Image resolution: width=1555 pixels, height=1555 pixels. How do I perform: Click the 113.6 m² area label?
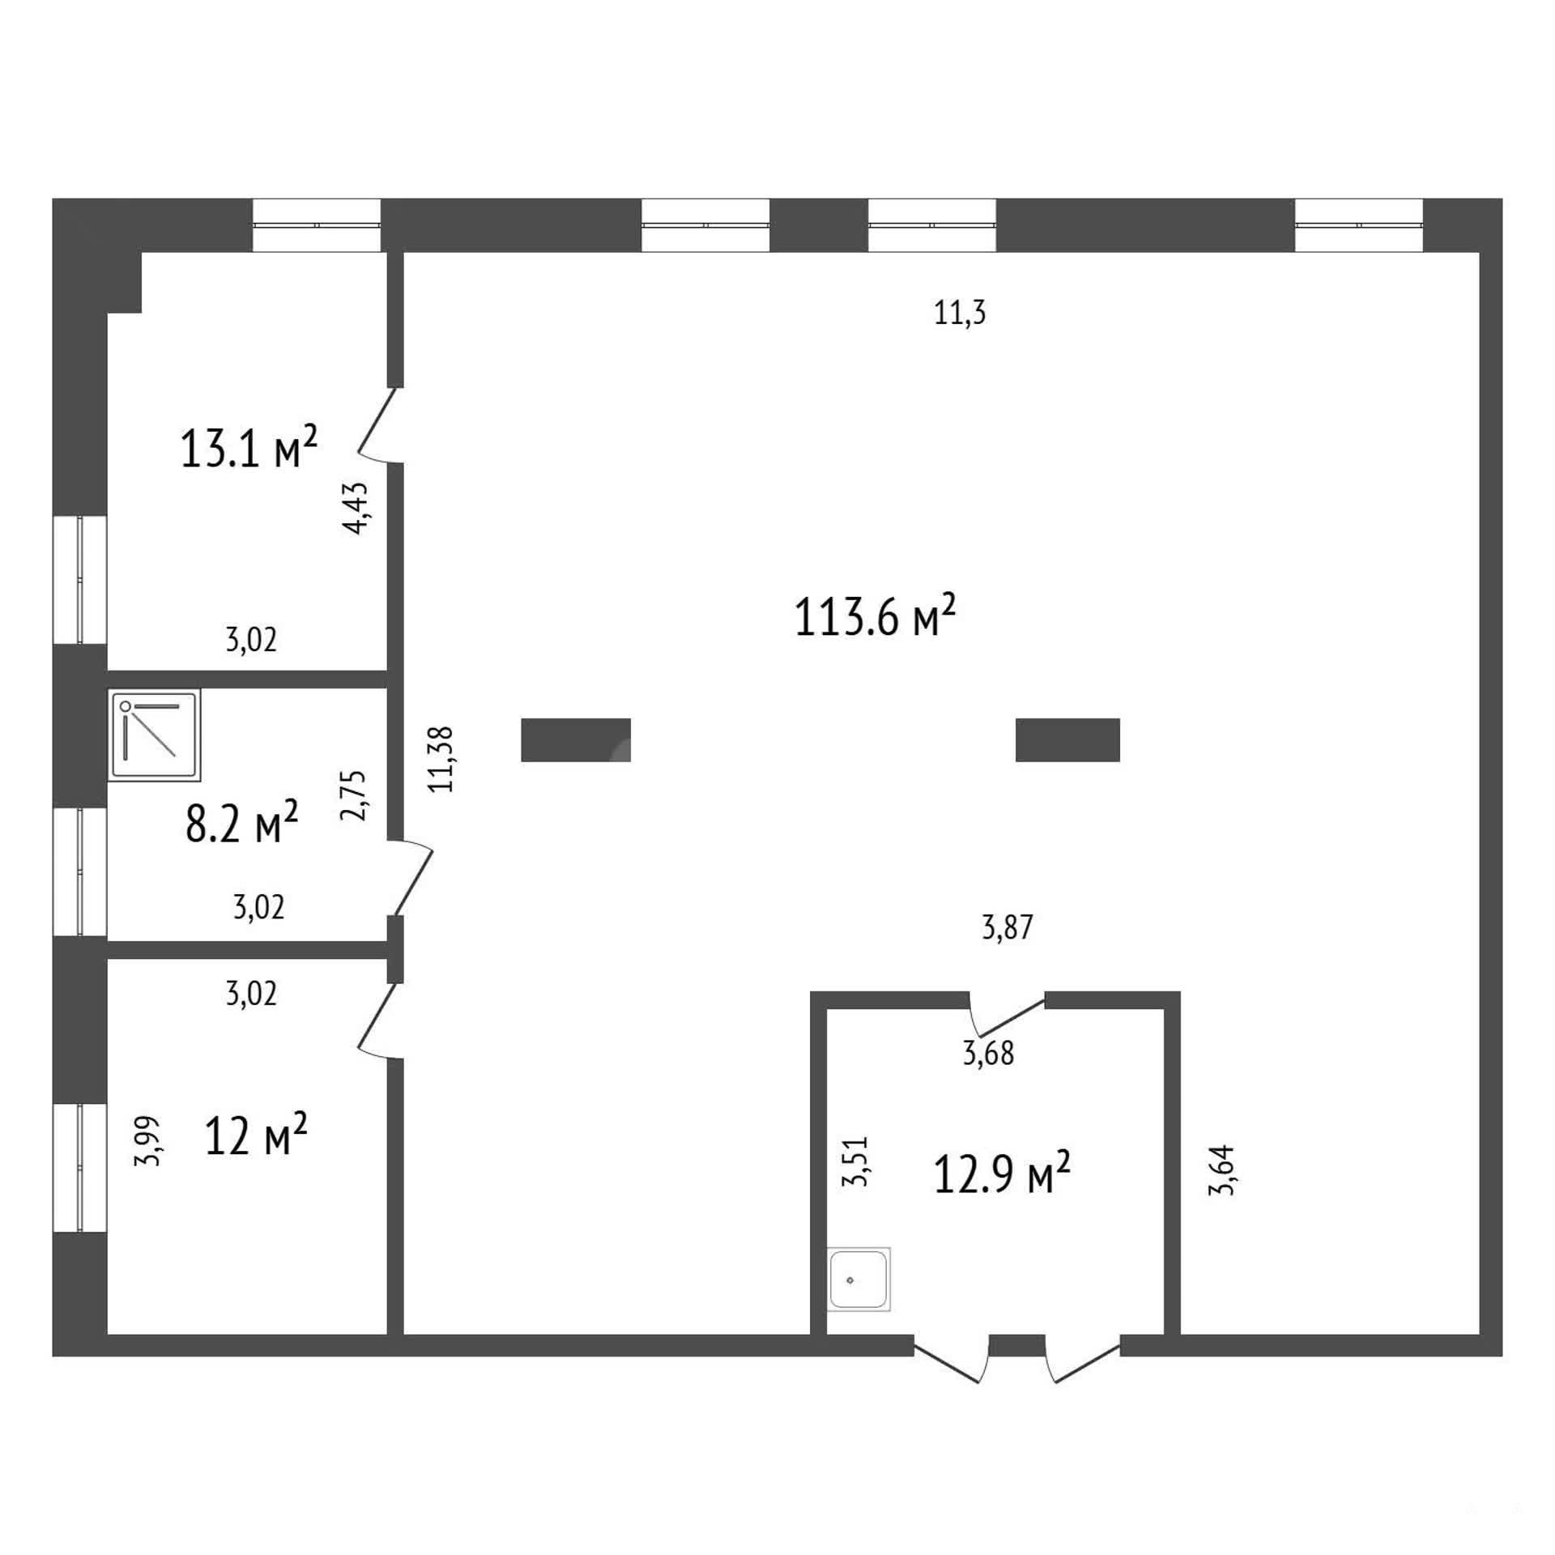coord(875,616)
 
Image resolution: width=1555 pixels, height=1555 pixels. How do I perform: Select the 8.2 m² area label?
coord(242,821)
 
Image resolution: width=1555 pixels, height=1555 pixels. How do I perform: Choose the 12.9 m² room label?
coord(1002,1174)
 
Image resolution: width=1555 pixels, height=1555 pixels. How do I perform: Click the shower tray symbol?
coord(154,735)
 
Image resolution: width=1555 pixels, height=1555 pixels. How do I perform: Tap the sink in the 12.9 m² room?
coord(858,1280)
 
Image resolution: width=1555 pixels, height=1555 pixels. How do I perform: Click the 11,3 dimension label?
coord(960,313)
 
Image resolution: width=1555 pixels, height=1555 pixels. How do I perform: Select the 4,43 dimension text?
coord(356,508)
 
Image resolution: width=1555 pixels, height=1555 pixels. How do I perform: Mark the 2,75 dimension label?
coord(354,795)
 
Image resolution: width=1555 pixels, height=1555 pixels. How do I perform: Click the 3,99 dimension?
coord(148,1141)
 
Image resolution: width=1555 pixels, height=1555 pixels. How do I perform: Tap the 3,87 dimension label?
coord(1008,927)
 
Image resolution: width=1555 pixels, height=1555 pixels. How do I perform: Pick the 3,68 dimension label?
coord(988,1054)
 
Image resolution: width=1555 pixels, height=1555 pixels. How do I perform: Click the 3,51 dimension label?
coord(855,1161)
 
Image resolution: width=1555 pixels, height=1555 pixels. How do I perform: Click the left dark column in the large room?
coord(576,740)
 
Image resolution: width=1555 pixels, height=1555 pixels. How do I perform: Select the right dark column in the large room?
coord(1067,740)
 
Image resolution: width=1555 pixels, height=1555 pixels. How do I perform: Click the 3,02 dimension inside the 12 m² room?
coord(251,993)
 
